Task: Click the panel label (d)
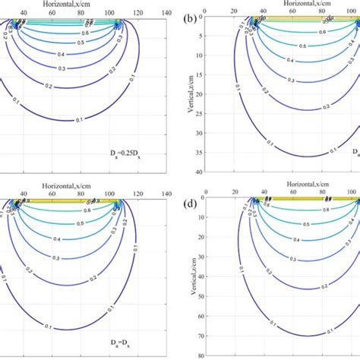point(193,204)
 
